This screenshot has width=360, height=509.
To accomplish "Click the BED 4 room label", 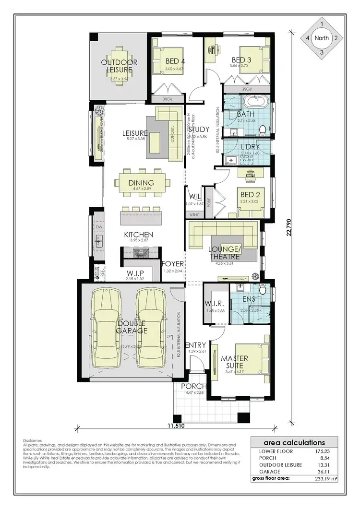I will (163, 61).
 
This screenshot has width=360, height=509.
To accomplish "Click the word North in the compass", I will (322, 37).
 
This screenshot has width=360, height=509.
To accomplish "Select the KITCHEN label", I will (139, 235).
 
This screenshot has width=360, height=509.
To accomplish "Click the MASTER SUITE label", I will (234, 362).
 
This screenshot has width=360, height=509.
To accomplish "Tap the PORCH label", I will (193, 387).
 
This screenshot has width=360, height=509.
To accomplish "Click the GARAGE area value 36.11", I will (324, 472).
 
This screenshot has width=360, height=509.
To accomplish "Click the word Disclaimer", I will (33, 440).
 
